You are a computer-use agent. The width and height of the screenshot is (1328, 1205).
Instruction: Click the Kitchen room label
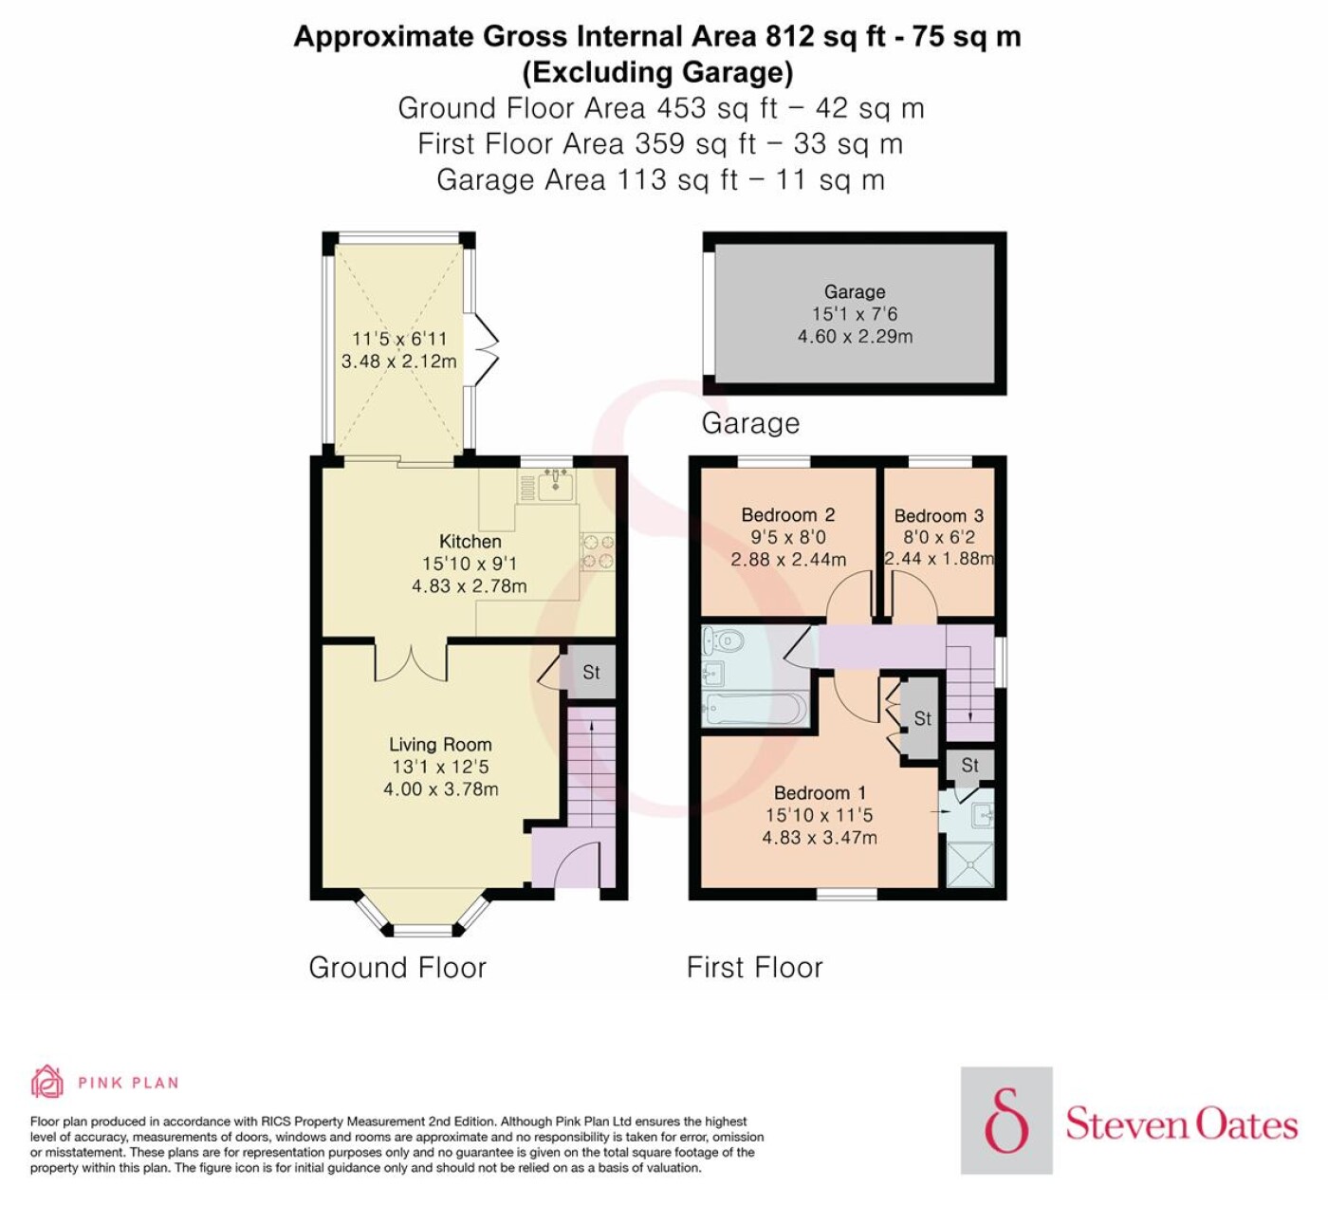470,541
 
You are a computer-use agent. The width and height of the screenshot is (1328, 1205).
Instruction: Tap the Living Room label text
440,745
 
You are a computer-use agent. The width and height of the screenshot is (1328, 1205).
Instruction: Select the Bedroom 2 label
788,514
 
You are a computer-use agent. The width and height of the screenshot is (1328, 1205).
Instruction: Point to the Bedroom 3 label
939,515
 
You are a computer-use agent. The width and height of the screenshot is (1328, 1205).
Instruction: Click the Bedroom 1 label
820,792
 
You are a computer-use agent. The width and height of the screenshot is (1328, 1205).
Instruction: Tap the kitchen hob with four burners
598,552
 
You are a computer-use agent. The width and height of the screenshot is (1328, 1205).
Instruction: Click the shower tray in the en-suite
970,863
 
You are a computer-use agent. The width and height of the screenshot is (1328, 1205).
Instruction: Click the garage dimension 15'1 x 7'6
855,313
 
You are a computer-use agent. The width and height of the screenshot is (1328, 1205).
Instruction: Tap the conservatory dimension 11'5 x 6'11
399,339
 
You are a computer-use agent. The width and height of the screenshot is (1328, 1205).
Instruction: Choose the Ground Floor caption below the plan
397,968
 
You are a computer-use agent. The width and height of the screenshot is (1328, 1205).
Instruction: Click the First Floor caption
755,968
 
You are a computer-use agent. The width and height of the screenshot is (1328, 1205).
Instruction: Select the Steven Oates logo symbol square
1006,1121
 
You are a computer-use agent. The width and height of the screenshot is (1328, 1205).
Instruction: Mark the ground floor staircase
592,769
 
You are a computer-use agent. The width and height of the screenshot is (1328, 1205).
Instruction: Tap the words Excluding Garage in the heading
658,72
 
